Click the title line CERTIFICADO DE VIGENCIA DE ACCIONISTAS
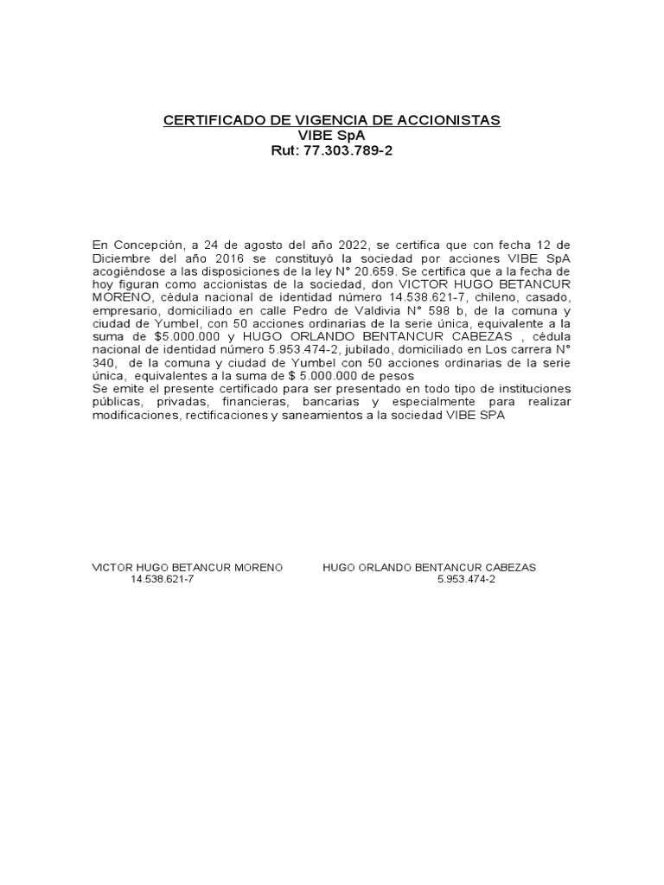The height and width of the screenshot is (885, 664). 332,120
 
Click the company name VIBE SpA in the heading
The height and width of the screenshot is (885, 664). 332,136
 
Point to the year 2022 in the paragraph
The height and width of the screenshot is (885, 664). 349,245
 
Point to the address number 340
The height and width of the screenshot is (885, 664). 105,365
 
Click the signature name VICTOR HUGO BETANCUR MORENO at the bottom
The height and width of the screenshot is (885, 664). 188,567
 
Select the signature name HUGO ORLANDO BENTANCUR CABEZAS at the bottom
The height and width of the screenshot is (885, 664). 430,567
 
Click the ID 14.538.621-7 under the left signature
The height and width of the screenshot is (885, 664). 163,580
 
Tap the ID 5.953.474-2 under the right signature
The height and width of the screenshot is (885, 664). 467,580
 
